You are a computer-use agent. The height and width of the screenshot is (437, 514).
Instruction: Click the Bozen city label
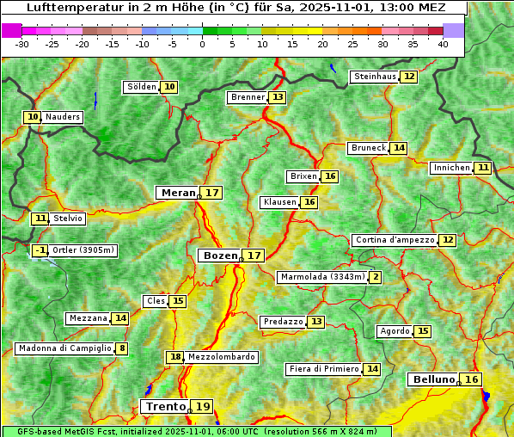click(219, 255)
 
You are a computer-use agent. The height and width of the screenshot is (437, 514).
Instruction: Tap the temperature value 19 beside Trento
click(202, 406)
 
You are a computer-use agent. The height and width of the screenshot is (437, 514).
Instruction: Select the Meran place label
click(178, 193)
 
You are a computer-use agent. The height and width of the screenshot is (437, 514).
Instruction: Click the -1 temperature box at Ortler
click(40, 250)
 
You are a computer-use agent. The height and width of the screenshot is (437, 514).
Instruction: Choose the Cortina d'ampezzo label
click(394, 240)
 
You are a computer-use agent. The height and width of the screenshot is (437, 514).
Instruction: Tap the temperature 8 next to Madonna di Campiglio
click(122, 348)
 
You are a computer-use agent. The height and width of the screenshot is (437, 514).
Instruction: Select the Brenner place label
click(248, 97)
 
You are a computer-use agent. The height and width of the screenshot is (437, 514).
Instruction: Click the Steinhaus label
click(375, 77)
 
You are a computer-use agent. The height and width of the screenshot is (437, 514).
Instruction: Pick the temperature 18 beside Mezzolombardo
click(175, 357)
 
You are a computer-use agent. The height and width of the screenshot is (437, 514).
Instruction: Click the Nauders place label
click(62, 117)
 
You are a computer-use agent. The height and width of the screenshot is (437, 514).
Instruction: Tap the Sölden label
click(142, 87)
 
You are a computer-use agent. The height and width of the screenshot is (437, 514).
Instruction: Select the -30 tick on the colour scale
click(22, 44)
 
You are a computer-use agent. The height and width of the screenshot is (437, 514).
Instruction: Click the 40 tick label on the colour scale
click(443, 44)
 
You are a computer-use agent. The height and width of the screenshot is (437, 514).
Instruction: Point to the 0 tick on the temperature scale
click(203, 44)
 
